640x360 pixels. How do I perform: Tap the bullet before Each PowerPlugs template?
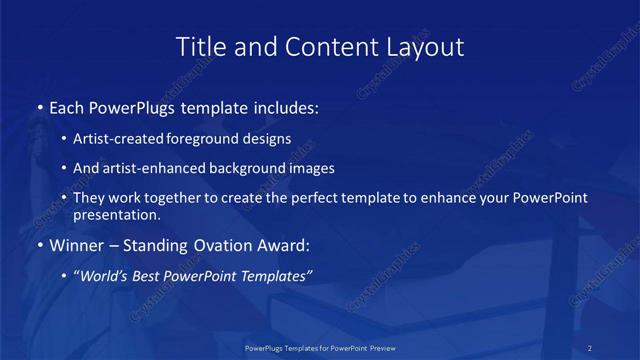[x=39, y=106]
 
